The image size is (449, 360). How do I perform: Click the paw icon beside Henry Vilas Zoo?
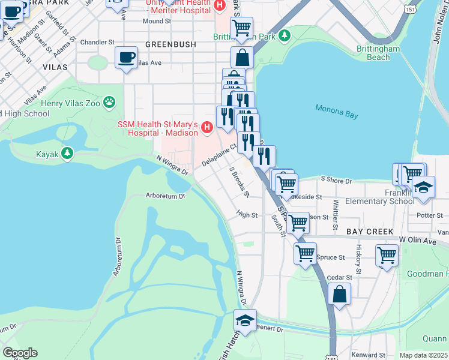coord(109,103)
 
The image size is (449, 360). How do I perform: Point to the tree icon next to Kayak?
coord(68,154)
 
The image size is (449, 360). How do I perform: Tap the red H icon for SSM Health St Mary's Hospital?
coord(207,127)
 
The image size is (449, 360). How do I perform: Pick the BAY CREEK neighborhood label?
coord(369,232)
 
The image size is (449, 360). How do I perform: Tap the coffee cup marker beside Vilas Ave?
coord(125,58)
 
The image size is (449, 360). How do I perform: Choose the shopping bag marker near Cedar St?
coord(340,294)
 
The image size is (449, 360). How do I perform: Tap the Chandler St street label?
coord(97,43)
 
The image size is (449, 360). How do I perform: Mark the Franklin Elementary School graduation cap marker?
coord(423,187)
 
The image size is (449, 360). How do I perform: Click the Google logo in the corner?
coord(20,353)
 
